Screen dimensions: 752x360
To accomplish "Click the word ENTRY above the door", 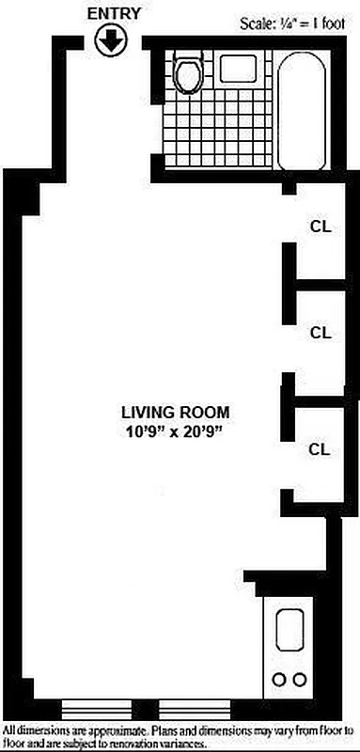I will [111, 14].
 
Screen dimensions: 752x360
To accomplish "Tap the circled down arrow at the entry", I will [111, 40].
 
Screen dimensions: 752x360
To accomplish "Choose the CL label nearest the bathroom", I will [321, 226].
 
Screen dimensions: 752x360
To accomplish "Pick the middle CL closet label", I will [321, 332].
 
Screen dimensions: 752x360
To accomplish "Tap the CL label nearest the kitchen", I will [321, 448].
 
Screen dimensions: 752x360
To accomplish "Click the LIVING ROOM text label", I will [175, 412].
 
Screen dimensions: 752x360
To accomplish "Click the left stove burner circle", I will [279, 680].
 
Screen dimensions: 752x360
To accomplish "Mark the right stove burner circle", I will [300, 680].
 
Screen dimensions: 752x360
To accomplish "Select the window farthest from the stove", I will [87, 706].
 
